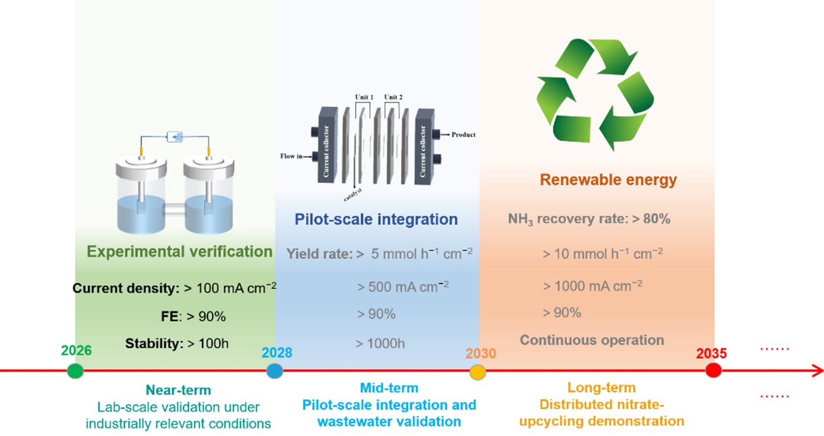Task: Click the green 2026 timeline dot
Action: coord(76,371)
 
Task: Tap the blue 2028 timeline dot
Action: coord(274,371)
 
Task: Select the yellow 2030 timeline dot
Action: coord(477,372)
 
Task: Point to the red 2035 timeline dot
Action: coord(713,370)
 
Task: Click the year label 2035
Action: coord(711,353)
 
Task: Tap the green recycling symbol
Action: coord(595,94)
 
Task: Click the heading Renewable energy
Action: coord(608,180)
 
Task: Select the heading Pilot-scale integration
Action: coord(376,219)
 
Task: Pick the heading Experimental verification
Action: coord(179,251)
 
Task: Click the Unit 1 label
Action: coord(364,97)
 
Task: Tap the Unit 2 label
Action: coord(393,97)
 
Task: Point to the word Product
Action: coord(464,134)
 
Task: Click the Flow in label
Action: coord(291,156)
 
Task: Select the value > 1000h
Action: coord(380,344)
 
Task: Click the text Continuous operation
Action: coord(592,340)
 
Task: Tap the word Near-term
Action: coord(178,390)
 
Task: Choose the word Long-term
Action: coord(601,388)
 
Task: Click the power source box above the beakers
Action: coord(174,137)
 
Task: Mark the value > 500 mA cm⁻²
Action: coord(403,286)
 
